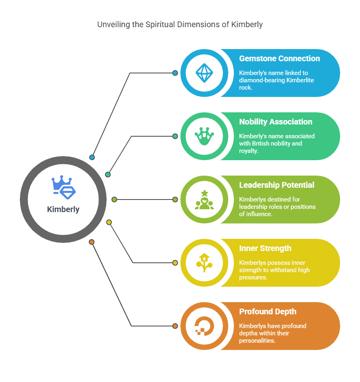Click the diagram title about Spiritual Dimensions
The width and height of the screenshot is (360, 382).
pos(180,24)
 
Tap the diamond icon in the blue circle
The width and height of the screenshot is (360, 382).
pos(204,73)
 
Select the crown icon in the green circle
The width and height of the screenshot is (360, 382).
pos(204,136)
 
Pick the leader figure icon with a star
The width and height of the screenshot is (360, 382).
pos(204,200)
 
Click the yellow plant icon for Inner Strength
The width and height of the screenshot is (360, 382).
pos(204,263)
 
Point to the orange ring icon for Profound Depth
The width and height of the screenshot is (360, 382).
pos(204,326)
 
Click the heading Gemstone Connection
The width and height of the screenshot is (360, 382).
pos(279,58)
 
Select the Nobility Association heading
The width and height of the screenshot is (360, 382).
pos(276,122)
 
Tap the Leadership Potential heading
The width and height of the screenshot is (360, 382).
pos(276,185)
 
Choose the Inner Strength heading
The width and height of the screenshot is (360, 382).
pos(265,248)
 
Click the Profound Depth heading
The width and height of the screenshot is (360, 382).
pos(268,311)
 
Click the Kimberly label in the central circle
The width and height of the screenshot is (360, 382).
pos(63,210)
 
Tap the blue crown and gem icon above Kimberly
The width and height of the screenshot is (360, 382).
pos(64,187)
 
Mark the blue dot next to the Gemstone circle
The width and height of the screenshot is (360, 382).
pos(175,73)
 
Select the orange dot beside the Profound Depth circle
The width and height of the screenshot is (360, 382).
pos(175,326)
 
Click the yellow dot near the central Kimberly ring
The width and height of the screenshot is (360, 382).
pos(109,222)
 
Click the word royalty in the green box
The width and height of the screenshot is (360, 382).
pos(249,150)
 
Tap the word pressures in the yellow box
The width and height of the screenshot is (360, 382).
pos(253,277)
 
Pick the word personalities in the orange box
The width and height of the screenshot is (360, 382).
pos(257,341)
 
